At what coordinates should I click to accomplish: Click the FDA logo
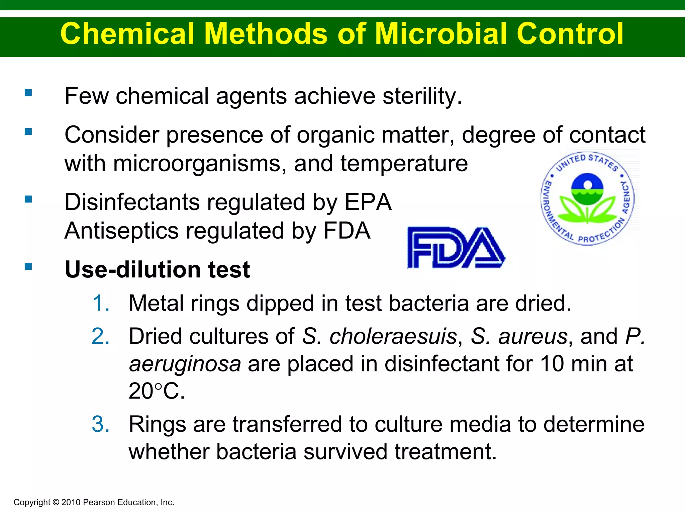coord(456,248)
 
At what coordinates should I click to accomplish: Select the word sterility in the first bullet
coord(422,96)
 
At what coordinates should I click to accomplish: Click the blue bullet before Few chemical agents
coord(28,93)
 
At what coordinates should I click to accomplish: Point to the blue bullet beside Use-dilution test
coord(28,267)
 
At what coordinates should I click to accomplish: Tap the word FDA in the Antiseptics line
coord(347,231)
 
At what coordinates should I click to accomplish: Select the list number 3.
coord(101,424)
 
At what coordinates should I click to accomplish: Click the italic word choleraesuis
coord(393,336)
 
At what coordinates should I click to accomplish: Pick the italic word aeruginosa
coord(185,364)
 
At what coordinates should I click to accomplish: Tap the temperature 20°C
coord(157,391)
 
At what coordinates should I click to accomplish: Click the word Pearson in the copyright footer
coord(99,502)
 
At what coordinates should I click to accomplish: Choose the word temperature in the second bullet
coord(404,164)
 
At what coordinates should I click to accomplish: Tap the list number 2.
coord(101,336)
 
